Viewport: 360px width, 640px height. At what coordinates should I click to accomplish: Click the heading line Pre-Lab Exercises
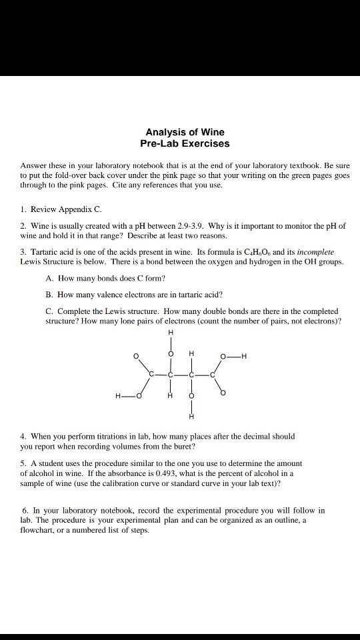(x=185, y=143)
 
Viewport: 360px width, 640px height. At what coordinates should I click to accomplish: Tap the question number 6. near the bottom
(x=25, y=510)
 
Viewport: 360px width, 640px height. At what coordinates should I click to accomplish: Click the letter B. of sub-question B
(x=49, y=294)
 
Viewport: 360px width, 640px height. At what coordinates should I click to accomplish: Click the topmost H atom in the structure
(x=170, y=333)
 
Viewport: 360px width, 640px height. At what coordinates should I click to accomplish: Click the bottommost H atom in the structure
(x=191, y=417)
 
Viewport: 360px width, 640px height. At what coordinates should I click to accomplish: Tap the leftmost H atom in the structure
(x=118, y=397)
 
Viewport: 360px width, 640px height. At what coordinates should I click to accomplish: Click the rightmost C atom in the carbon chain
(x=213, y=376)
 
